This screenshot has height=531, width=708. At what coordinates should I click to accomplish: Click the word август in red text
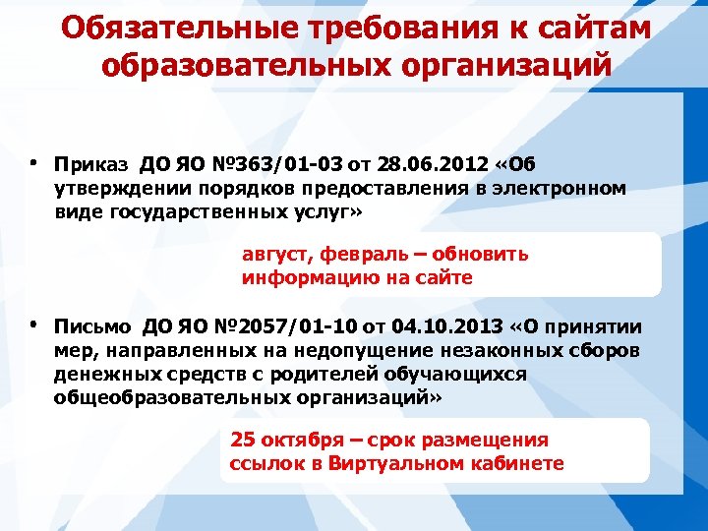point(277,255)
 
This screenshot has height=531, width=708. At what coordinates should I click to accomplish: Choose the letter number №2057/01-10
point(284,327)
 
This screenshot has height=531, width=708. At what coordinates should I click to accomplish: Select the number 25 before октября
point(242,440)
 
